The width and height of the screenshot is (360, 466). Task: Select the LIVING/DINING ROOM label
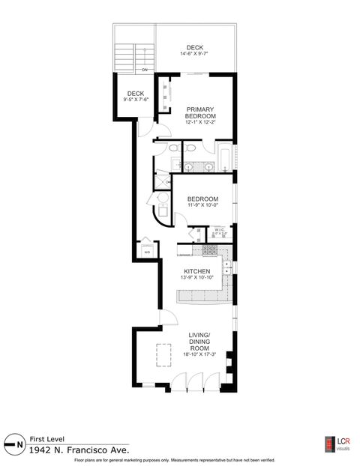(x=199, y=344)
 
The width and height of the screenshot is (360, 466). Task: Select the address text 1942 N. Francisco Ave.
(x=79, y=450)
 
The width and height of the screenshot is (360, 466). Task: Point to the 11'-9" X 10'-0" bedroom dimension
(x=203, y=206)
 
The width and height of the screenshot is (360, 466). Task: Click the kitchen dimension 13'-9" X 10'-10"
(x=198, y=277)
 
